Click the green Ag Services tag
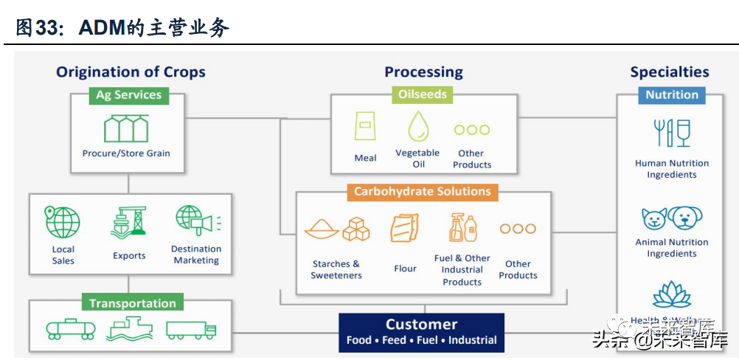(128, 95)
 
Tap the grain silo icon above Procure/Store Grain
(126, 128)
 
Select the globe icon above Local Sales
(63, 222)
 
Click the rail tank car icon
(71, 329)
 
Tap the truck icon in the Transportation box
(191, 330)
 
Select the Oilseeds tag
(422, 94)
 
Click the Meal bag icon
(365, 127)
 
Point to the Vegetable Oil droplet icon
(418, 127)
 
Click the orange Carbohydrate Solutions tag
(423, 192)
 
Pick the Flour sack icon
(404, 228)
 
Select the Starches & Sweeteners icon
(336, 229)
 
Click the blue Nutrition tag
(671, 95)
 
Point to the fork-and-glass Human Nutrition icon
(672, 134)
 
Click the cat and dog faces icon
(672, 218)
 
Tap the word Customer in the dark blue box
(421, 325)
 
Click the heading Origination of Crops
(131, 72)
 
